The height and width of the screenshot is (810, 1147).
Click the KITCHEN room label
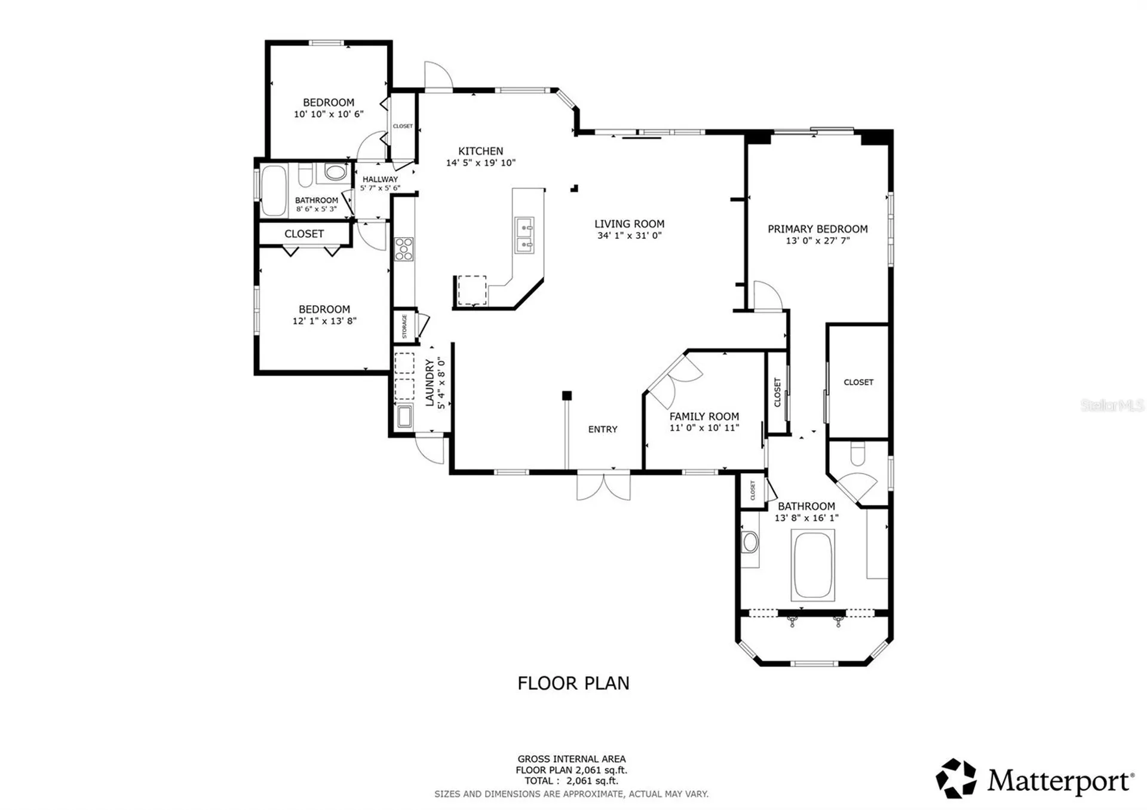480,151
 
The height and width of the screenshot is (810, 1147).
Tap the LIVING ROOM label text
629,224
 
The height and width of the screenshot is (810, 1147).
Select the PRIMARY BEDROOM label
817,229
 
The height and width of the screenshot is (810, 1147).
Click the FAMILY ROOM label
704,416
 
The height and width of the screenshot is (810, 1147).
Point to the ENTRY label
602,429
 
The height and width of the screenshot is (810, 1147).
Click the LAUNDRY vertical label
430,382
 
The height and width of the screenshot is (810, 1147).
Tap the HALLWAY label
380,179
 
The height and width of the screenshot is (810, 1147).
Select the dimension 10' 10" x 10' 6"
328,114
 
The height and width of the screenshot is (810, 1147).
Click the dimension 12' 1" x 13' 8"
324,321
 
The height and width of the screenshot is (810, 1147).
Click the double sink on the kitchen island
525,236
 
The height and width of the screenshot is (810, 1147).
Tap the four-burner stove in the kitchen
404,249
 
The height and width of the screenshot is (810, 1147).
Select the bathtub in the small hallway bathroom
274,191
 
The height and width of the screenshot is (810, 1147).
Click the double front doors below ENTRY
603,486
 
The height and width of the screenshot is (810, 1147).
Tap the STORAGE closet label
404,326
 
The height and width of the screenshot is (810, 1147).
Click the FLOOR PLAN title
573,683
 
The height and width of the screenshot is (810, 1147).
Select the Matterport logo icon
955,778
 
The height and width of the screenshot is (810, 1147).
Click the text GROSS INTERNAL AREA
571,759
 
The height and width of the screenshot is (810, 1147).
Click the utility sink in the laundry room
404,416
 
